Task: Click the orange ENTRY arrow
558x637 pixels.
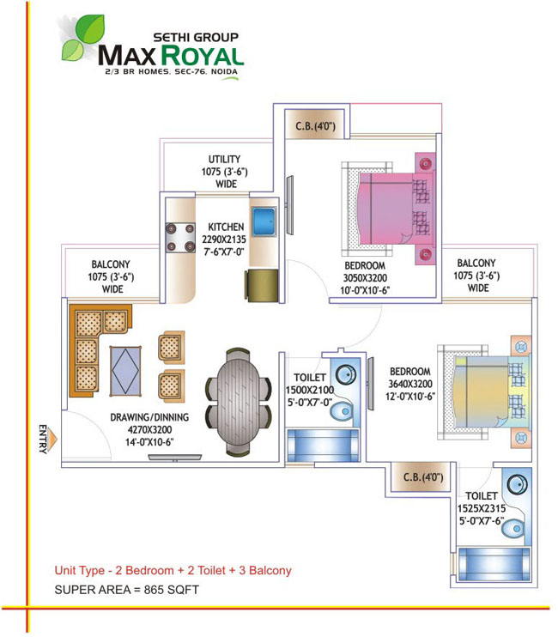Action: click(52, 440)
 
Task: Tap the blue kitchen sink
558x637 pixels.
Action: click(264, 221)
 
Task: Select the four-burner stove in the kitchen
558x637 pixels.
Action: click(180, 238)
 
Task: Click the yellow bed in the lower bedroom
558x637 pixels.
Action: click(484, 392)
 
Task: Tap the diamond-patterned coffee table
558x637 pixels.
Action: click(125, 371)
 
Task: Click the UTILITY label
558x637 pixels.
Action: click(224, 159)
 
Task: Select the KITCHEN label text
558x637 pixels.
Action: click(226, 227)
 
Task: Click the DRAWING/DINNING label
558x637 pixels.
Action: click(149, 417)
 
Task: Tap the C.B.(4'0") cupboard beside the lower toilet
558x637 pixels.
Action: click(422, 476)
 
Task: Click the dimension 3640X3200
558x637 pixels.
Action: click(410, 384)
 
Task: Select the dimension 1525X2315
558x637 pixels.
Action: click(482, 508)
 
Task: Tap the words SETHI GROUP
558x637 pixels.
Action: click(196, 38)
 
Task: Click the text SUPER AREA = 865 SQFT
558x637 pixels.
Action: click(127, 590)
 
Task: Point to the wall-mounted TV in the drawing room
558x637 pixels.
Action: click(175, 458)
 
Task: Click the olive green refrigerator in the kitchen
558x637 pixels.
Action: click(262, 285)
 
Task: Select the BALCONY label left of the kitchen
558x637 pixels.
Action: click(111, 264)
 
